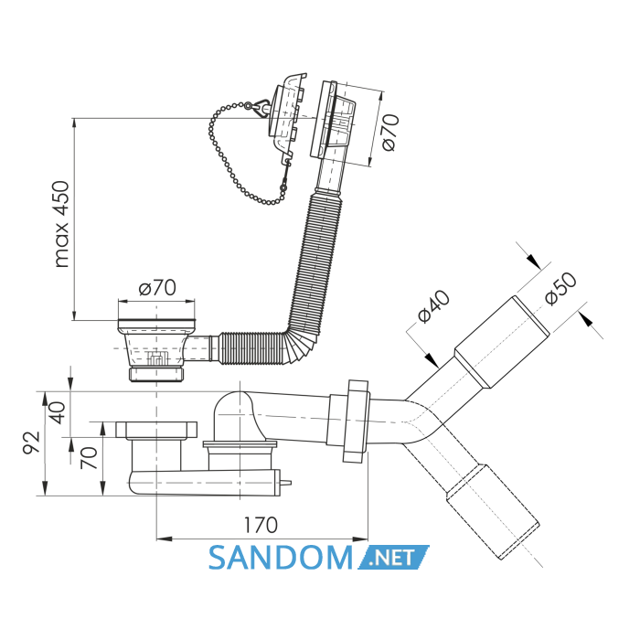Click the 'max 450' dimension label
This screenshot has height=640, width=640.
tap(62, 224)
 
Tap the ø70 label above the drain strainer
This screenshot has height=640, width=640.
tap(157, 288)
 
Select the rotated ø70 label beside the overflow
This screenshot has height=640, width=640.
tap(389, 132)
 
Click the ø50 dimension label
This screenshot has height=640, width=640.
tap(560, 288)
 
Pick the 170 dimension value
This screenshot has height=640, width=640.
tap(261, 525)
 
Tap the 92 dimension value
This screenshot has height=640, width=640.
tap(31, 442)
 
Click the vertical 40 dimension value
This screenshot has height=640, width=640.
tap(57, 413)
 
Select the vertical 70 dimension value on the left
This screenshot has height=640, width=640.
tap(89, 457)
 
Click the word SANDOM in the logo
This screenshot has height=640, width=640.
tap(281, 558)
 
